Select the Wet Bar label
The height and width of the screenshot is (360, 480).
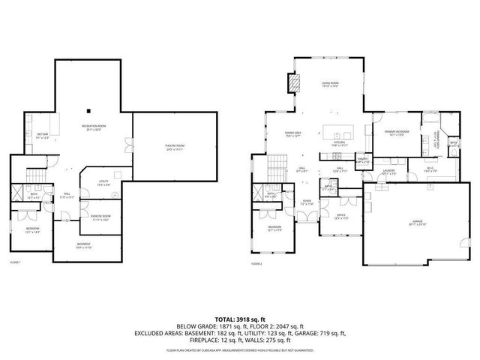click(43, 135)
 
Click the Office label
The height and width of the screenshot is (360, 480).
click(340, 216)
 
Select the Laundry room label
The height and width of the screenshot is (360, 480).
click(388, 172)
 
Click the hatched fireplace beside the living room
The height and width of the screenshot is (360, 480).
click(295, 82)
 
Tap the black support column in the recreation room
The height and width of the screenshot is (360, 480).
click(89, 103)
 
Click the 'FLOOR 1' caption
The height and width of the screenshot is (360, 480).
click(15, 262)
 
